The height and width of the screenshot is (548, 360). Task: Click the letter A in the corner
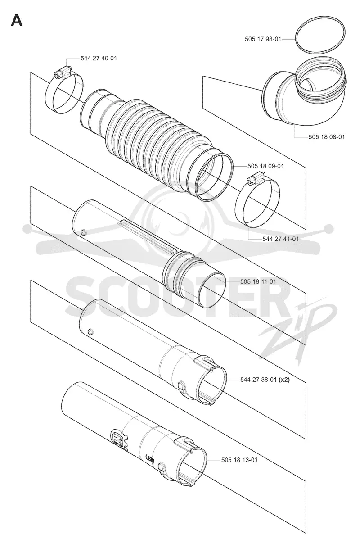tap(17, 21)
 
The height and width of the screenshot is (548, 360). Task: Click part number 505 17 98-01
tap(263, 39)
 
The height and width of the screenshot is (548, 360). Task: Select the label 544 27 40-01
tap(99, 58)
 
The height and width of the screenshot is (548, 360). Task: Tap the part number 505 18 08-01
tap(327, 137)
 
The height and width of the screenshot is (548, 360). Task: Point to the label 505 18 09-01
tap(265, 166)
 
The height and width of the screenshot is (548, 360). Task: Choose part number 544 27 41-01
tap(281, 239)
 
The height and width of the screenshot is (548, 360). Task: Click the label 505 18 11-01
tap(258, 281)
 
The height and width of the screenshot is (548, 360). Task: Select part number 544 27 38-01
tap(258, 380)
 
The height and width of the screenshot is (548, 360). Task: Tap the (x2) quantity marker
tap(284, 380)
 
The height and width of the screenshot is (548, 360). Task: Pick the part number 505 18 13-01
tap(239, 460)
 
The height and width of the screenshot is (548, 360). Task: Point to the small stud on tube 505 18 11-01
tap(83, 231)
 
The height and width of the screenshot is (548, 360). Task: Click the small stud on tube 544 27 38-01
tap(90, 331)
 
